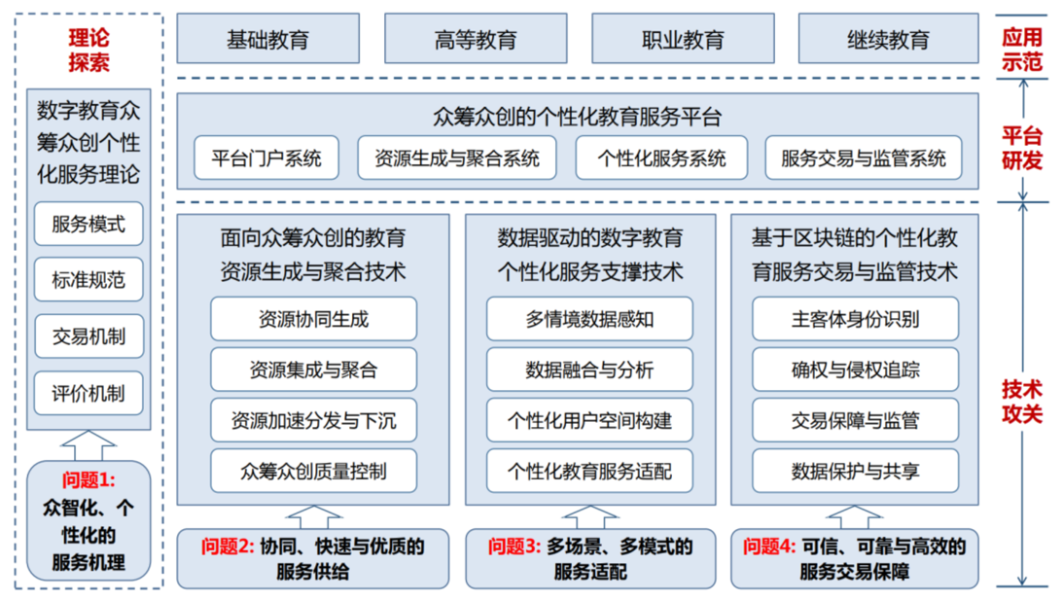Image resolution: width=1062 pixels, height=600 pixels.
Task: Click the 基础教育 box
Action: pyautogui.click(x=267, y=41)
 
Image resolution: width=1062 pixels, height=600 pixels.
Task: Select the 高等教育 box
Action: pyautogui.click(x=476, y=41)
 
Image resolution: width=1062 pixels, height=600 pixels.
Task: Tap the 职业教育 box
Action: pyautogui.click(x=683, y=41)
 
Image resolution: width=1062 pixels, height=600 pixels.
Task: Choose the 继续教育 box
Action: pyautogui.click(x=888, y=41)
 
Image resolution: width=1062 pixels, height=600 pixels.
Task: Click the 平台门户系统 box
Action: pyautogui.click(x=265, y=158)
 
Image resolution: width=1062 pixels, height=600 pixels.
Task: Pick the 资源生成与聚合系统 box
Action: pyautogui.click(x=456, y=158)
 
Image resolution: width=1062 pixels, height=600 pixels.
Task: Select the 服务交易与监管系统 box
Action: pyautogui.click(x=863, y=158)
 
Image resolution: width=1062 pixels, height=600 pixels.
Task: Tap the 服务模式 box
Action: pyautogui.click(x=88, y=225)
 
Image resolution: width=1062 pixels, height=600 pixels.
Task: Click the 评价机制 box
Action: pyautogui.click(x=88, y=395)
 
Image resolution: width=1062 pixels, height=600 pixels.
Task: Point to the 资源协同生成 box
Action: pyautogui.click(x=313, y=319)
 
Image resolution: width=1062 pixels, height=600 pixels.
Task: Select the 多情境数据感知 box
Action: pyautogui.click(x=589, y=319)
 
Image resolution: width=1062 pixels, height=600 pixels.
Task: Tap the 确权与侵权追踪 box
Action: pyautogui.click(x=855, y=370)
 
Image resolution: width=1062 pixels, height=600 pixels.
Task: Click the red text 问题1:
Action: pyautogui.click(x=88, y=479)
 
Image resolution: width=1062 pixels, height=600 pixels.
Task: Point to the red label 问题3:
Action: pyautogui.click(x=513, y=547)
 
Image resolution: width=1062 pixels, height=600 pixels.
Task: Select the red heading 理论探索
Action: pyautogui.click(x=88, y=51)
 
